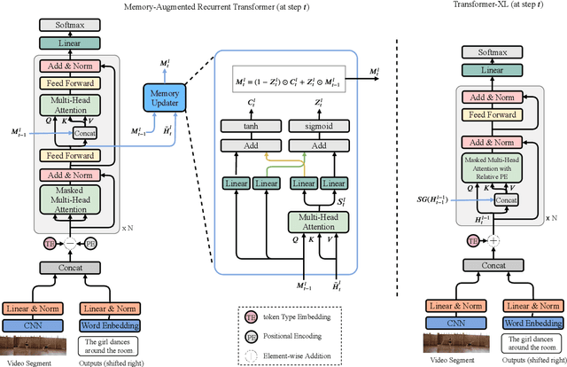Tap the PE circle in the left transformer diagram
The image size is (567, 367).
click(90, 242)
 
